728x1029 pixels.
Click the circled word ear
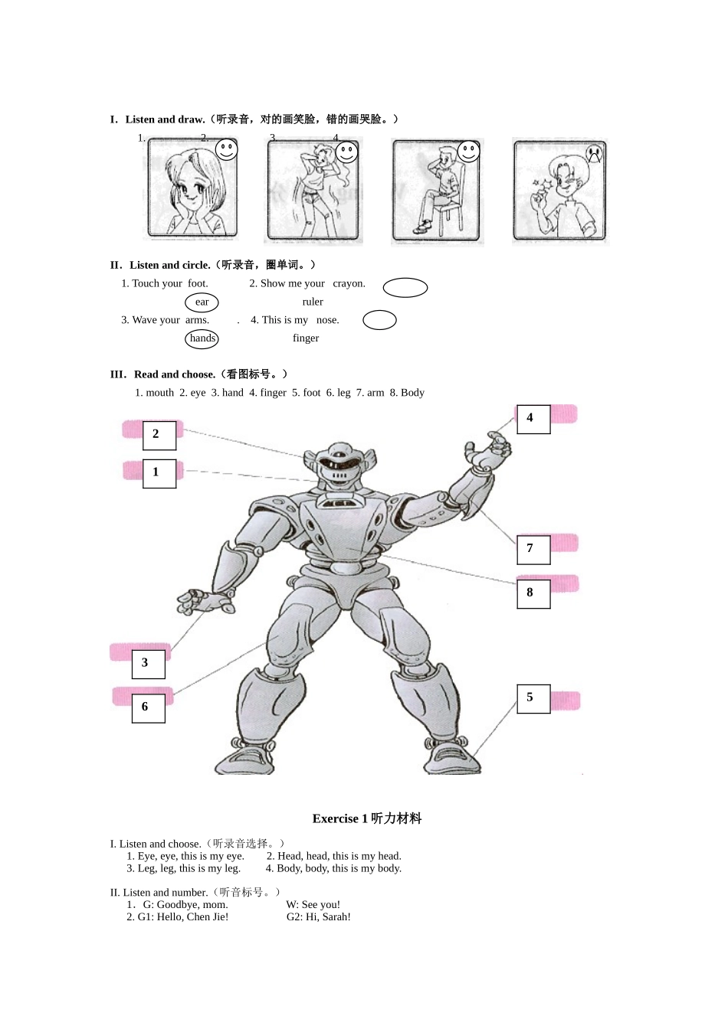(202, 302)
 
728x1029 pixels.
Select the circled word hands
(202, 338)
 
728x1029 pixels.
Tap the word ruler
(313, 302)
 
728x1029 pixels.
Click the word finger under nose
(306, 338)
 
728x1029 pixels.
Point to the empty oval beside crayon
(405, 288)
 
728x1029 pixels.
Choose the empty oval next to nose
(379, 320)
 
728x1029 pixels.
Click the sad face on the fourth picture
(594, 154)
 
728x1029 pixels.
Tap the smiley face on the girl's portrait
(226, 149)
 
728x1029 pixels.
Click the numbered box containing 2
(159, 435)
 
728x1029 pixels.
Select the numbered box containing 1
(159, 473)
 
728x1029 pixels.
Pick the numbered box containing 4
(533, 419)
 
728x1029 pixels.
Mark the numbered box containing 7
(533, 549)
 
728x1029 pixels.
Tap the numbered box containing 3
(149, 664)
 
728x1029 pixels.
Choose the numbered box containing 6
(149, 707)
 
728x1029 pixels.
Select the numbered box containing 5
(533, 698)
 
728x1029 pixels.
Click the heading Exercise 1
(366, 818)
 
